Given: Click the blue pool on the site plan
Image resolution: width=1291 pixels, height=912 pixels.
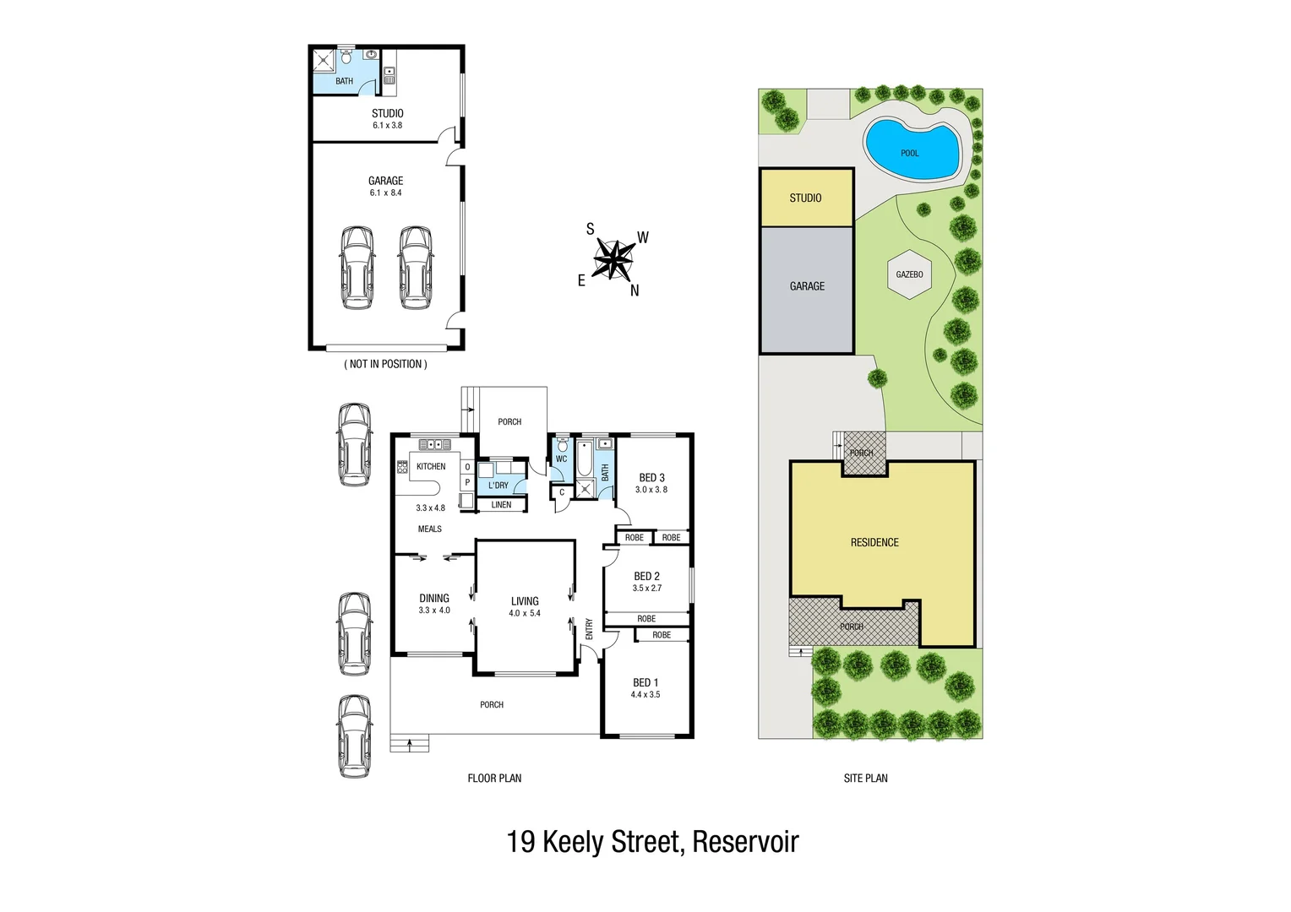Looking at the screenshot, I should pyautogui.click(x=911, y=149).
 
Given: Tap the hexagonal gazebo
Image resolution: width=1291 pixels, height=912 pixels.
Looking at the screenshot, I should pyautogui.click(x=909, y=274).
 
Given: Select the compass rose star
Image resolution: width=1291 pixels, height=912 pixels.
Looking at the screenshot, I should pyautogui.click(x=613, y=258).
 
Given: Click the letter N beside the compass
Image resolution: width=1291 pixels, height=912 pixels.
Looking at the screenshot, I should pyautogui.click(x=635, y=290).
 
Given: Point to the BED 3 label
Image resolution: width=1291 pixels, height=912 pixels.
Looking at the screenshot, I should pyautogui.click(x=651, y=477).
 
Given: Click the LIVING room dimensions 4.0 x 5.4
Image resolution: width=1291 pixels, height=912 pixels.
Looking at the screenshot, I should pyautogui.click(x=525, y=613).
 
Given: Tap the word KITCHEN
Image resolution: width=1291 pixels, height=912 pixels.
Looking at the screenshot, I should pyautogui.click(x=431, y=466).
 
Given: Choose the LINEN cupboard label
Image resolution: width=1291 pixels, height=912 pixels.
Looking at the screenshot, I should pyautogui.click(x=501, y=505).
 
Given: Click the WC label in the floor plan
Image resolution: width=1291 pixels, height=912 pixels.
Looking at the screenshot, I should pyautogui.click(x=561, y=459).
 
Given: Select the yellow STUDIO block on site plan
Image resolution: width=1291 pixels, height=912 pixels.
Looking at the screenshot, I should pyautogui.click(x=806, y=198).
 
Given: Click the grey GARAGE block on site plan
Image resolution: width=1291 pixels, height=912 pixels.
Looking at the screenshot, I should pyautogui.click(x=807, y=286).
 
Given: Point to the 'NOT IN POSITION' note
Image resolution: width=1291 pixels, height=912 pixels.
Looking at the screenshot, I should pyautogui.click(x=385, y=364).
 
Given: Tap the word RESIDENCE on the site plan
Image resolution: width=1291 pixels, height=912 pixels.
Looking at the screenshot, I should pyautogui.click(x=874, y=542).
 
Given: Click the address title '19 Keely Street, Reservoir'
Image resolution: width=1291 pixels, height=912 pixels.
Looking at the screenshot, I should pyautogui.click(x=652, y=842).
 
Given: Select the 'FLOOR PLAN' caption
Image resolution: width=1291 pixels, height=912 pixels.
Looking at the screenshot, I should pyautogui.click(x=494, y=778).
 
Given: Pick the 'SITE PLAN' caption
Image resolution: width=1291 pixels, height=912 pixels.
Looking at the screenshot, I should pyautogui.click(x=865, y=778).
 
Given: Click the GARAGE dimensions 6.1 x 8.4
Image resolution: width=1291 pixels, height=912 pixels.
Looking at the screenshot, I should pyautogui.click(x=385, y=193).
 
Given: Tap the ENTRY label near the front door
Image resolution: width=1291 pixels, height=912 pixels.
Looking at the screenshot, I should pyautogui.click(x=589, y=629).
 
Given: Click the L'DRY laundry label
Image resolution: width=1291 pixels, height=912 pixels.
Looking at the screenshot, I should pyautogui.click(x=498, y=486).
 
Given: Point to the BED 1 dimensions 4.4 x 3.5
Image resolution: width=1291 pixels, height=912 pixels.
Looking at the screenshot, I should pyautogui.click(x=645, y=694).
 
